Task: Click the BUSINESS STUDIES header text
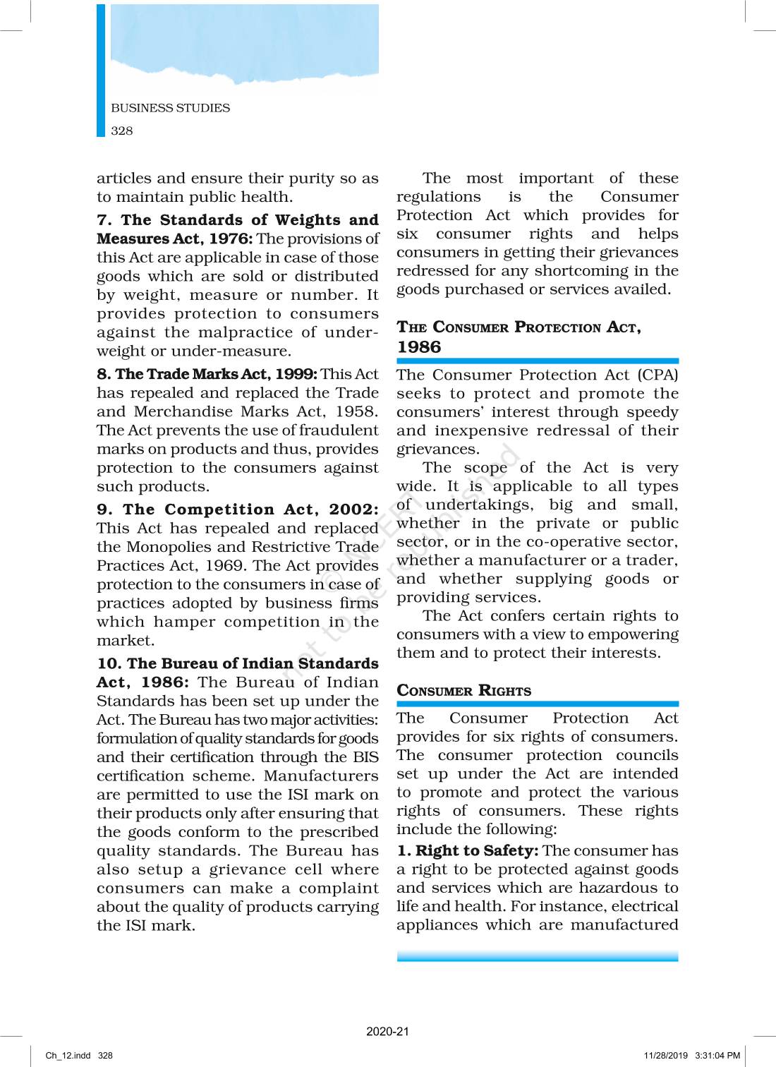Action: [x=170, y=108]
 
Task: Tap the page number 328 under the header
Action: [x=121, y=131]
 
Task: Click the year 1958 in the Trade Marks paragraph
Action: [x=356, y=411]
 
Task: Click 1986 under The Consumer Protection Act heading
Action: [x=418, y=347]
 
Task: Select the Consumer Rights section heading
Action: [x=463, y=691]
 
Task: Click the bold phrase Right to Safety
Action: [x=476, y=851]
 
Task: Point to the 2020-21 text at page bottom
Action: [x=387, y=1031]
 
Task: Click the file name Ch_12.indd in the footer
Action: [x=68, y=1056]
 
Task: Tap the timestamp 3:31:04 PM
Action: [x=717, y=1056]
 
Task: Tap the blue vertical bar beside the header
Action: [x=101, y=71]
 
